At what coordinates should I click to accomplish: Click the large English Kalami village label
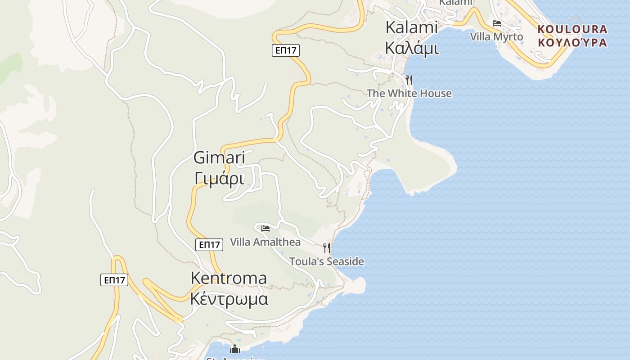click(x=411, y=27)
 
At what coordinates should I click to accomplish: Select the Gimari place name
click(x=219, y=157)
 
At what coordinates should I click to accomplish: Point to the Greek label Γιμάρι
click(x=220, y=178)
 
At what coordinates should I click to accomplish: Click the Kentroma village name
click(x=229, y=278)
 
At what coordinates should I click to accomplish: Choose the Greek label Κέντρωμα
click(x=229, y=298)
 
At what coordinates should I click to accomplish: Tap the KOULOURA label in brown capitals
click(x=572, y=30)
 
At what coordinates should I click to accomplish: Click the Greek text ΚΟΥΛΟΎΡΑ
click(x=572, y=43)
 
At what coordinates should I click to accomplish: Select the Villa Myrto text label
click(x=496, y=36)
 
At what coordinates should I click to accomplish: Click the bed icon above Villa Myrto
click(x=497, y=23)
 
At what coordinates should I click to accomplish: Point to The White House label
click(x=409, y=93)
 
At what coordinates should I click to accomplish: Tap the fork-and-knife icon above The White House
click(x=409, y=80)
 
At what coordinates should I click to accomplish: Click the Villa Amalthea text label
click(x=265, y=242)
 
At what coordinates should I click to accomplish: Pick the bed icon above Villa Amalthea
click(x=265, y=229)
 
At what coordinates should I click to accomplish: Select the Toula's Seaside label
click(x=327, y=261)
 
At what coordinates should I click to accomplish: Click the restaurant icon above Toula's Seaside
click(x=327, y=247)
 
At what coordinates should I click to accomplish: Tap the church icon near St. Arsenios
click(x=235, y=349)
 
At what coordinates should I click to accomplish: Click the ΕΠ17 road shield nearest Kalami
click(x=285, y=50)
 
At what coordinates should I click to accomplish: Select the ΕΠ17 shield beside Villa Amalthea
click(x=210, y=245)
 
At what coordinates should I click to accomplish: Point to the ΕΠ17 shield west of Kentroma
click(x=114, y=280)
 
